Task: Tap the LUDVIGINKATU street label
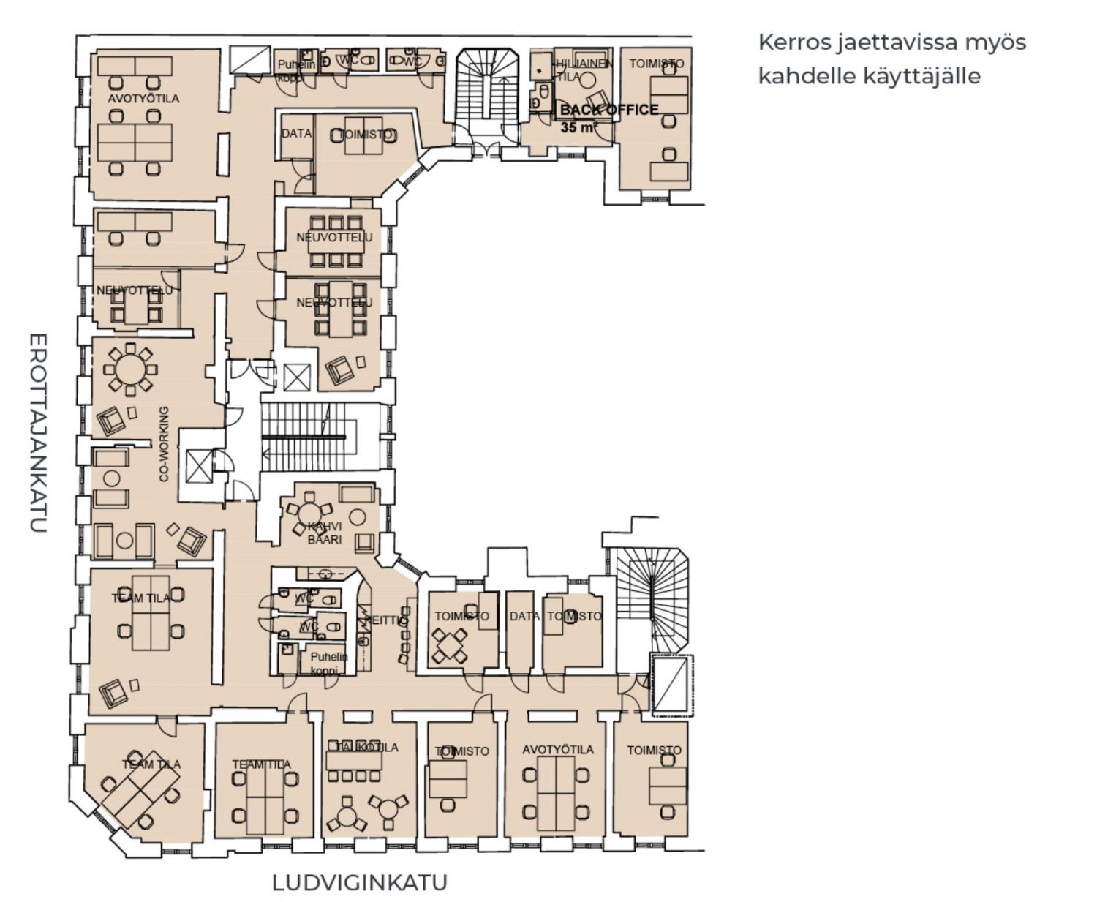(x=359, y=882)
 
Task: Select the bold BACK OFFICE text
(x=609, y=110)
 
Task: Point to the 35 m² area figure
(x=578, y=127)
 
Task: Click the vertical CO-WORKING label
(x=164, y=443)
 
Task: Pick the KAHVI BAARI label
(x=325, y=533)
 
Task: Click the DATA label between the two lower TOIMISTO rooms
(x=524, y=616)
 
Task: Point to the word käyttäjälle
(x=924, y=75)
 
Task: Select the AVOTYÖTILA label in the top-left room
(x=143, y=98)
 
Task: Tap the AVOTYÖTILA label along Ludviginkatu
(x=557, y=750)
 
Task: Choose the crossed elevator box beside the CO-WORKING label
(x=198, y=466)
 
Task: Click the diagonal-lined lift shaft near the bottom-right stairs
(x=671, y=685)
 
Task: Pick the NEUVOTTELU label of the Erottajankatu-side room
(x=135, y=290)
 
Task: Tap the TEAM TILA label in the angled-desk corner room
(x=151, y=764)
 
